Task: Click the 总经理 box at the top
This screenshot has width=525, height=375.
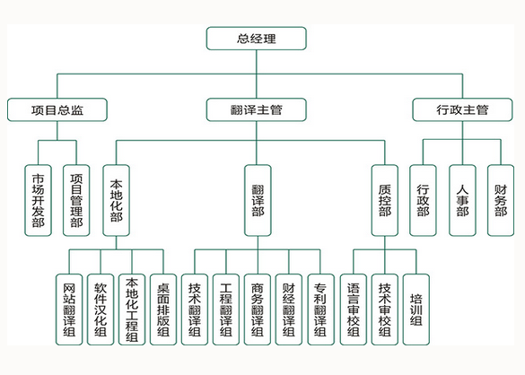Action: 256,39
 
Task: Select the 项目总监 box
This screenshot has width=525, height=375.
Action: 57,109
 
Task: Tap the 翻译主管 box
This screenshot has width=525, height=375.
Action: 256,109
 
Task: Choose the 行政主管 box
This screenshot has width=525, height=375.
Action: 462,109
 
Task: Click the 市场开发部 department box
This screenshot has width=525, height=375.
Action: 39,200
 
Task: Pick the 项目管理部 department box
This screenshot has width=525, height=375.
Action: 76,200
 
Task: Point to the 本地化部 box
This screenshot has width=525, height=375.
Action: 116,200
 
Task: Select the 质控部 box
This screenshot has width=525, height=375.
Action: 385,200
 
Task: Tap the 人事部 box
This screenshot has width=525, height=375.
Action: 462,200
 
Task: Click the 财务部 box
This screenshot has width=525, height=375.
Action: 501,200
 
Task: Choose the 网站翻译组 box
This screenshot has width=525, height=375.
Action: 69,310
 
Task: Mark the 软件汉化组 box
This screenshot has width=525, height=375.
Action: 101,310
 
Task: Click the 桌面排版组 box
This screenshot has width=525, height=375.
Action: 163,310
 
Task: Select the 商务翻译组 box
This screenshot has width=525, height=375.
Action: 258,310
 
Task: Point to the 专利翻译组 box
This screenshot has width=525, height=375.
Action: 320,310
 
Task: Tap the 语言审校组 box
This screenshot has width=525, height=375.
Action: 354,310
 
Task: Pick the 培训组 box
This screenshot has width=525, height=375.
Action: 416,310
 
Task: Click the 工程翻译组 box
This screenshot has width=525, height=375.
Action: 226,310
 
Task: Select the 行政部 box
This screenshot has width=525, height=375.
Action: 423,200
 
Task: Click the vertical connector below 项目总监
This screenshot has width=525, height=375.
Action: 57,131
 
